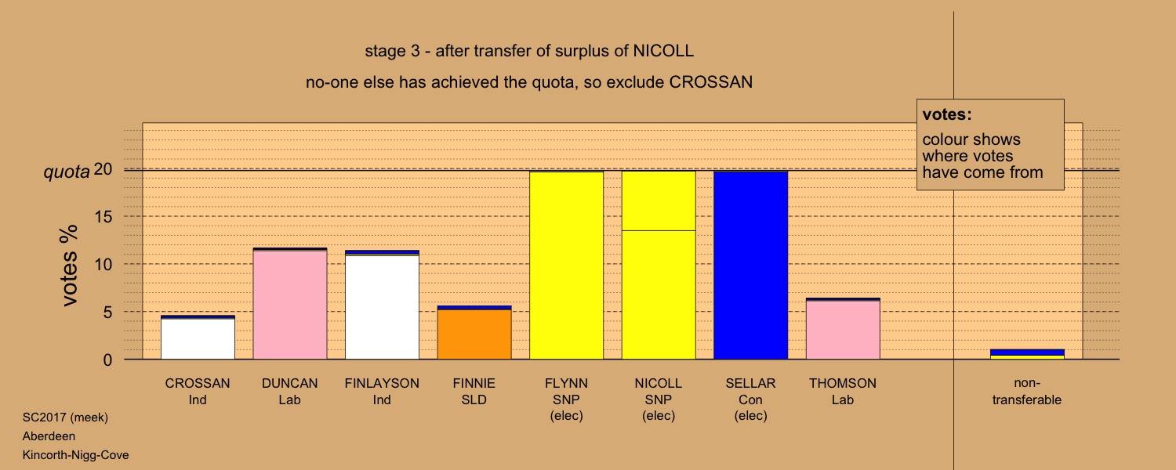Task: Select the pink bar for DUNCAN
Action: pos(290,304)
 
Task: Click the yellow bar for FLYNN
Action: pos(566,266)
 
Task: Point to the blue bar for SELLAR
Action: pos(750,266)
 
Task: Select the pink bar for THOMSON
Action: pos(843,329)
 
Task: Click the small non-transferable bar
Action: pos(1027,355)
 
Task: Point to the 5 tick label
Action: pos(107,312)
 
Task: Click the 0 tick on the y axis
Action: pos(107,360)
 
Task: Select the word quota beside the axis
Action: pos(67,172)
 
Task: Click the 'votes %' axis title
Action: pos(69,266)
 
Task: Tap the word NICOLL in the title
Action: pos(663,51)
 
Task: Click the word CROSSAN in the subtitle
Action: pos(711,82)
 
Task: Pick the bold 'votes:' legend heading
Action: pos(947,114)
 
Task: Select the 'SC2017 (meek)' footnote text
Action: pos(65,418)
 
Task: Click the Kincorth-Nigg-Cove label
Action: pos(75,455)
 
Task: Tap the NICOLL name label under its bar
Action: pos(659,384)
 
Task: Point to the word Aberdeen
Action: pos(49,436)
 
